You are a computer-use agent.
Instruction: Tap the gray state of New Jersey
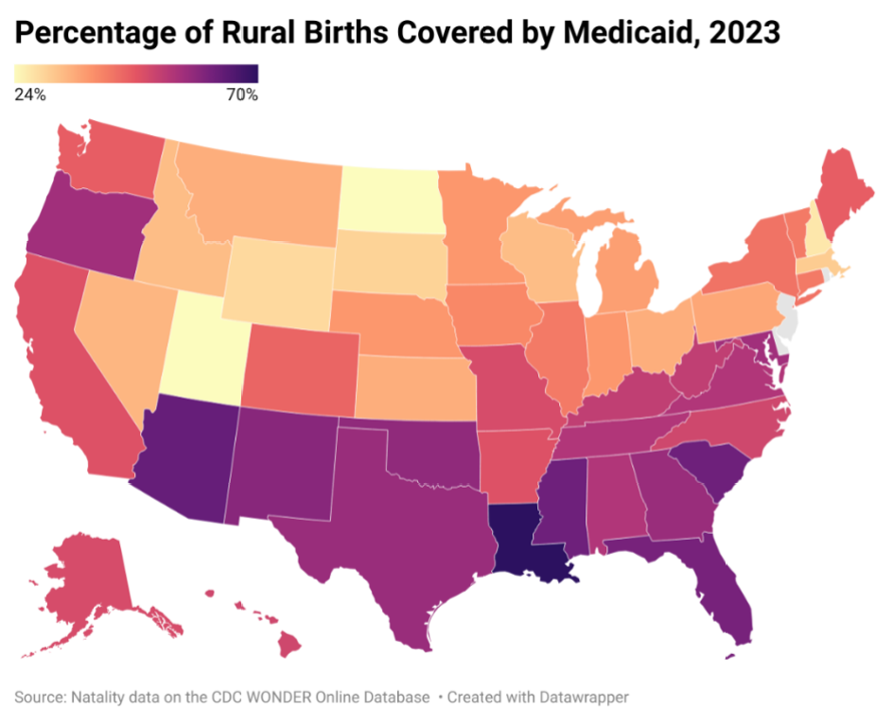click(x=788, y=316)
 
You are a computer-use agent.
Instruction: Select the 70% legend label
click(x=240, y=95)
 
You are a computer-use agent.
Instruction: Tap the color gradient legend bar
click(x=136, y=74)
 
